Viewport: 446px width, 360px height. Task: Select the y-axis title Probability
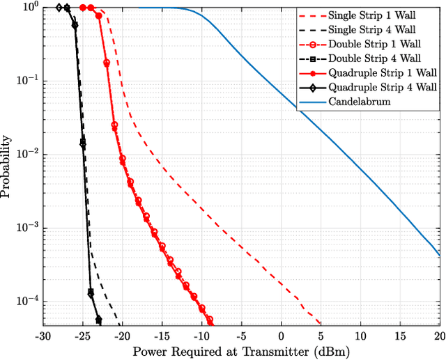[7, 166]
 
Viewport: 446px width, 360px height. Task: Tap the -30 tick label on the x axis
[43, 336]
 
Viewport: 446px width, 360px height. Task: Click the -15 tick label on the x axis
[162, 336]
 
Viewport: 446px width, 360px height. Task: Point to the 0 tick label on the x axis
[282, 336]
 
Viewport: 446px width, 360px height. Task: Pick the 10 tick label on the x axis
[361, 336]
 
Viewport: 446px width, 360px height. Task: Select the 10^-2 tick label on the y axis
[28, 155]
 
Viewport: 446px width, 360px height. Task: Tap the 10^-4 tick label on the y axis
[28, 302]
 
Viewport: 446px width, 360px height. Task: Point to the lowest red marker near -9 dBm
[209, 320]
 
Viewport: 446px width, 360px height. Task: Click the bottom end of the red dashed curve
[321, 324]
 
